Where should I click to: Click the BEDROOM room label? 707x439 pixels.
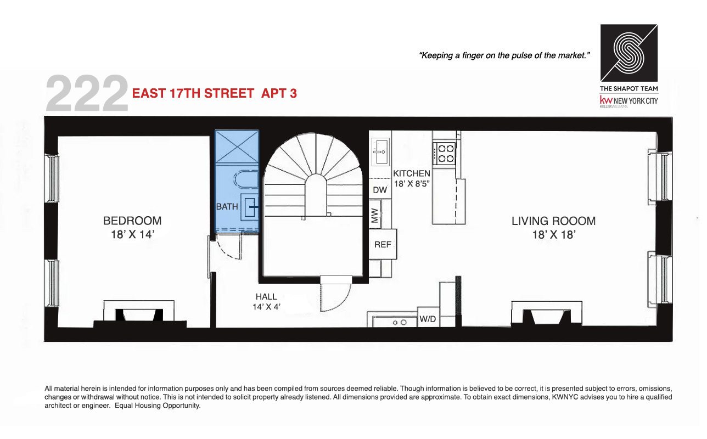point(132,221)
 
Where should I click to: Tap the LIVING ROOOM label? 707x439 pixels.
point(553,221)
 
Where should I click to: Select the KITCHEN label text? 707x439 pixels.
point(411,173)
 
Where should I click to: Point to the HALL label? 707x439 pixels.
point(266,297)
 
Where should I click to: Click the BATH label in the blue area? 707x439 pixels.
point(227,207)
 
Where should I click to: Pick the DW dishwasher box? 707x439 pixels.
point(380,190)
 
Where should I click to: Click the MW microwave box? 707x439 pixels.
point(375,216)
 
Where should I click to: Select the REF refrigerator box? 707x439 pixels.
point(383,244)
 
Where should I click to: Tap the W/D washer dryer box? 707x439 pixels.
point(428,318)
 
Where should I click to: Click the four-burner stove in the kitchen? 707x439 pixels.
point(444,154)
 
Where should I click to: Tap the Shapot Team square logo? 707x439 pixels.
point(629,53)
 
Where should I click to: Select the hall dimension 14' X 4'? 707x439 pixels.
point(266,307)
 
